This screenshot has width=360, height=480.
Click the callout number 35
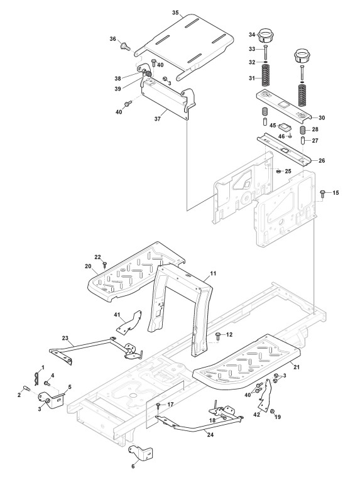pyautogui.click(x=175, y=13)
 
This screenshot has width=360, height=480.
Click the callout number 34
pyautogui.click(x=252, y=35)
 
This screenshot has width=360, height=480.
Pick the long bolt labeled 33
pyautogui.click(x=265, y=52)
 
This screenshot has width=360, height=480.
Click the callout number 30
pyautogui.click(x=322, y=118)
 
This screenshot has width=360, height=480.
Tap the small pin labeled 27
pyautogui.click(x=303, y=141)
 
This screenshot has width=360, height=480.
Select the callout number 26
pyautogui.click(x=322, y=161)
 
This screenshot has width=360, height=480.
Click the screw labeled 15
pyautogui.click(x=322, y=193)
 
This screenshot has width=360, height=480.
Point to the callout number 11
pyautogui.click(x=213, y=273)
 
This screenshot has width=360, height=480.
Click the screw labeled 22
pyautogui.click(x=105, y=264)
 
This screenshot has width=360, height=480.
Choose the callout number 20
pyautogui.click(x=88, y=266)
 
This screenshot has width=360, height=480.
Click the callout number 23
pyautogui.click(x=65, y=338)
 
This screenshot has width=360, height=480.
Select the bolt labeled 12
pyautogui.click(x=219, y=335)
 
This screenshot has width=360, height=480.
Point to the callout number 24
pyautogui.click(x=210, y=435)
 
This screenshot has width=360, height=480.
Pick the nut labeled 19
pyautogui.click(x=273, y=412)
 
